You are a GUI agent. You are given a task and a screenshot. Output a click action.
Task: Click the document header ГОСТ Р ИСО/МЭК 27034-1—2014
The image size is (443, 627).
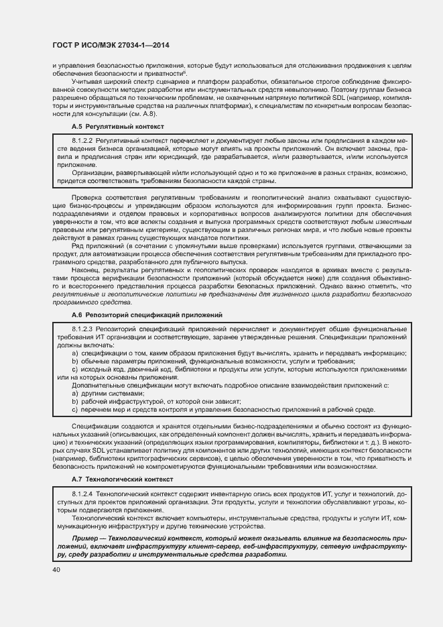tap(101, 44)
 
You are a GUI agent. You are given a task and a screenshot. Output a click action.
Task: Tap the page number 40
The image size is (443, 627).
tap(55, 569)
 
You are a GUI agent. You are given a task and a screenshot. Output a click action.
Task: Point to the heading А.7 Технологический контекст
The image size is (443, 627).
tap(122, 479)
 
